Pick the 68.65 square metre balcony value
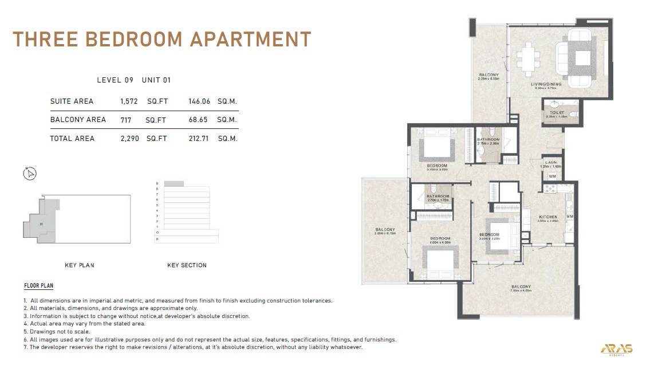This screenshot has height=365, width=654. [x=199, y=120]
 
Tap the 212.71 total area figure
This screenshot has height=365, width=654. [x=199, y=139]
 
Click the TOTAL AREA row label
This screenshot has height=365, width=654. [x=72, y=139]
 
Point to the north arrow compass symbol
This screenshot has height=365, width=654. [x=30, y=173]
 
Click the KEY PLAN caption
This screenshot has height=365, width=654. [x=80, y=265]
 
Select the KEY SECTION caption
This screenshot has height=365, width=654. [x=187, y=265]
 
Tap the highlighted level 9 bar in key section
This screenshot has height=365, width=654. [x=174, y=183]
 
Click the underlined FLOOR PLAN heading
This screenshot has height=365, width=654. [x=39, y=285]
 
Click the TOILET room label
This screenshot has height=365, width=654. [x=557, y=113]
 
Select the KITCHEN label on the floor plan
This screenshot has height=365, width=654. [x=548, y=217]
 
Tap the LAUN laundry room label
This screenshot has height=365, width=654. [x=551, y=163]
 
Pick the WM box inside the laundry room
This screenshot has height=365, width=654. [x=552, y=176]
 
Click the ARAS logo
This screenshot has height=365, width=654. [x=617, y=349]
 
